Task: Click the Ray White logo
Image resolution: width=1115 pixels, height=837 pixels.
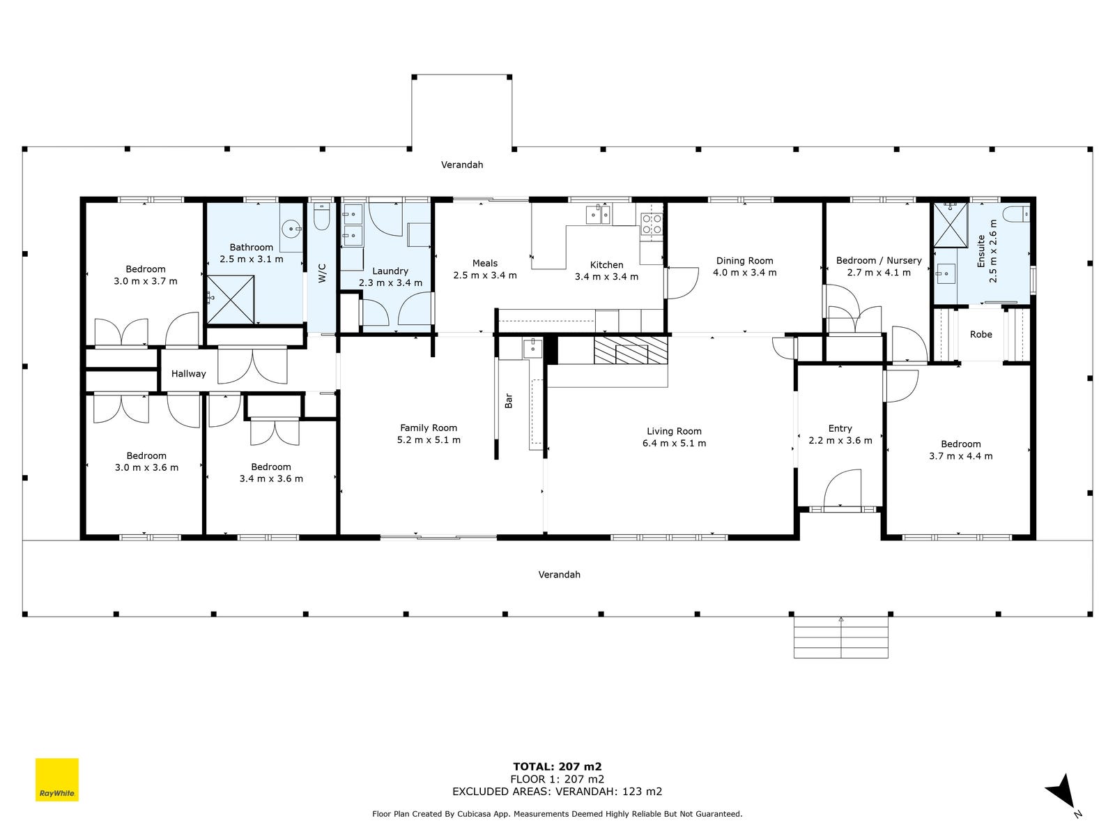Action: (x=57, y=780)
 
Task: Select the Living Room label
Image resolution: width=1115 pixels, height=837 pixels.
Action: (x=674, y=431)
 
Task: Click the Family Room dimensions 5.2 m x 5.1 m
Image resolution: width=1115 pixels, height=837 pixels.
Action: (x=429, y=440)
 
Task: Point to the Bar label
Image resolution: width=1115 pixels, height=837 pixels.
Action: (x=509, y=401)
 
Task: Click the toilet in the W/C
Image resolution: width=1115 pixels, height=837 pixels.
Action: (x=321, y=216)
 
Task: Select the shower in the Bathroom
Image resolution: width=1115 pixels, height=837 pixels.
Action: (x=230, y=299)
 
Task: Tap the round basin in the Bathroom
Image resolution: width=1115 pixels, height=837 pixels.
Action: (x=291, y=229)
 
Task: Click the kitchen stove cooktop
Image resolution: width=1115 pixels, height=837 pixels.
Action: (x=652, y=224)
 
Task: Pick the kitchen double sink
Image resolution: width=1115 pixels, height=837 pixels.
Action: (x=598, y=214)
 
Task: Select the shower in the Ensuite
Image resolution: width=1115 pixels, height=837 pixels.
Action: (x=951, y=225)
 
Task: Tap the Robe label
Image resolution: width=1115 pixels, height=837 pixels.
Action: (x=981, y=334)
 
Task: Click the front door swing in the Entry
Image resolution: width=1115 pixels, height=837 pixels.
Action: (x=843, y=488)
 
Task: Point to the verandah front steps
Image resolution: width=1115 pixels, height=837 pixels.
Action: (x=840, y=638)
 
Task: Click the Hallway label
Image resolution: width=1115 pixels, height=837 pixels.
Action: (x=188, y=374)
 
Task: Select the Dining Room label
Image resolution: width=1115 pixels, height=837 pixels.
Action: (x=745, y=261)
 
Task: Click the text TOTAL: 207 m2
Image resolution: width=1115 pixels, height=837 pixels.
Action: (x=557, y=767)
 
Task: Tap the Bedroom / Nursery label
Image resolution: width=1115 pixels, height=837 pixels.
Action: (x=879, y=260)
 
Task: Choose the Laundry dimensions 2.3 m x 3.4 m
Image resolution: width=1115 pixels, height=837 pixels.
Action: (x=391, y=283)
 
